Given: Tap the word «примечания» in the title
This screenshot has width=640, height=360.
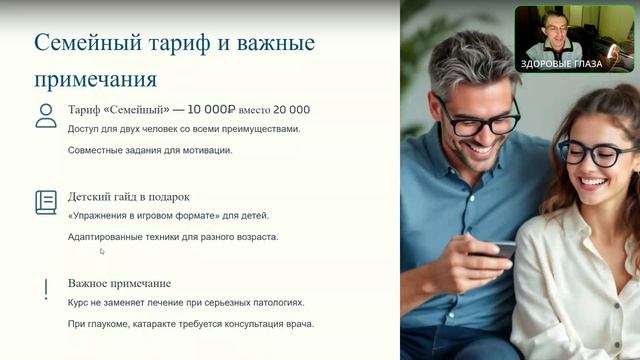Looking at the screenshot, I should pos(95,78).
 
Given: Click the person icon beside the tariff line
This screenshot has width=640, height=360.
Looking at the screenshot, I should pos(46,115).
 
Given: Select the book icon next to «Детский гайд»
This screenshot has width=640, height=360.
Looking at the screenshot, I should pos(46,202).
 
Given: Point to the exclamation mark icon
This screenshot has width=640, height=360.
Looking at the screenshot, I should pos(46,290).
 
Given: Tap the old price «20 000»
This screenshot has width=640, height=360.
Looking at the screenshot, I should pos(288,110).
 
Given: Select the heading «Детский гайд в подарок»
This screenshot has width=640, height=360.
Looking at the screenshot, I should pos(129,197).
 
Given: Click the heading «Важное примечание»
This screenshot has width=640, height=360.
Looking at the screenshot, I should pos(119,283).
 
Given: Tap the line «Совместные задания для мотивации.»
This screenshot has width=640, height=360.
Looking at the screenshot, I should pos(150,150).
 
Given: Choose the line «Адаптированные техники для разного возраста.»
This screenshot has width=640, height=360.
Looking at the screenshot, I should pos(173,237).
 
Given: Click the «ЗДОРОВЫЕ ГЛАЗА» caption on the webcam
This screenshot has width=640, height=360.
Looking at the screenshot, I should pos(560,64).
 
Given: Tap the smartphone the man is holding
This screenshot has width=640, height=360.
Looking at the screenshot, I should pos(503,249).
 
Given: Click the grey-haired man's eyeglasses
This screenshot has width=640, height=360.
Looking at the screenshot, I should pos(478,118).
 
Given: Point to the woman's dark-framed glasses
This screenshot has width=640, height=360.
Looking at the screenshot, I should pos(596,153).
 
